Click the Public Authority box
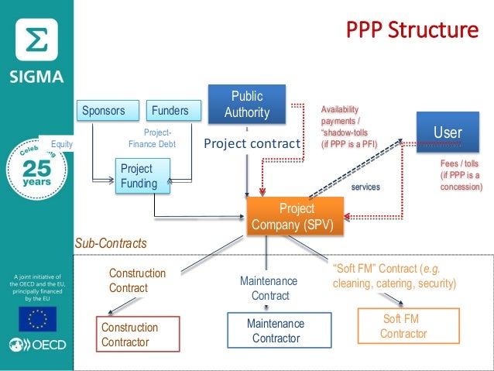[247, 105]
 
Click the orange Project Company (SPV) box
[295, 217]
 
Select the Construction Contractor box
[136, 334]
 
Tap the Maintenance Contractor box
[276, 331]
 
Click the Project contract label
[251, 143]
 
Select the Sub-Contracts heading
[111, 243]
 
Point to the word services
[365, 187]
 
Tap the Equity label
[61, 144]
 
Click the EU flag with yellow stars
[37, 318]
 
